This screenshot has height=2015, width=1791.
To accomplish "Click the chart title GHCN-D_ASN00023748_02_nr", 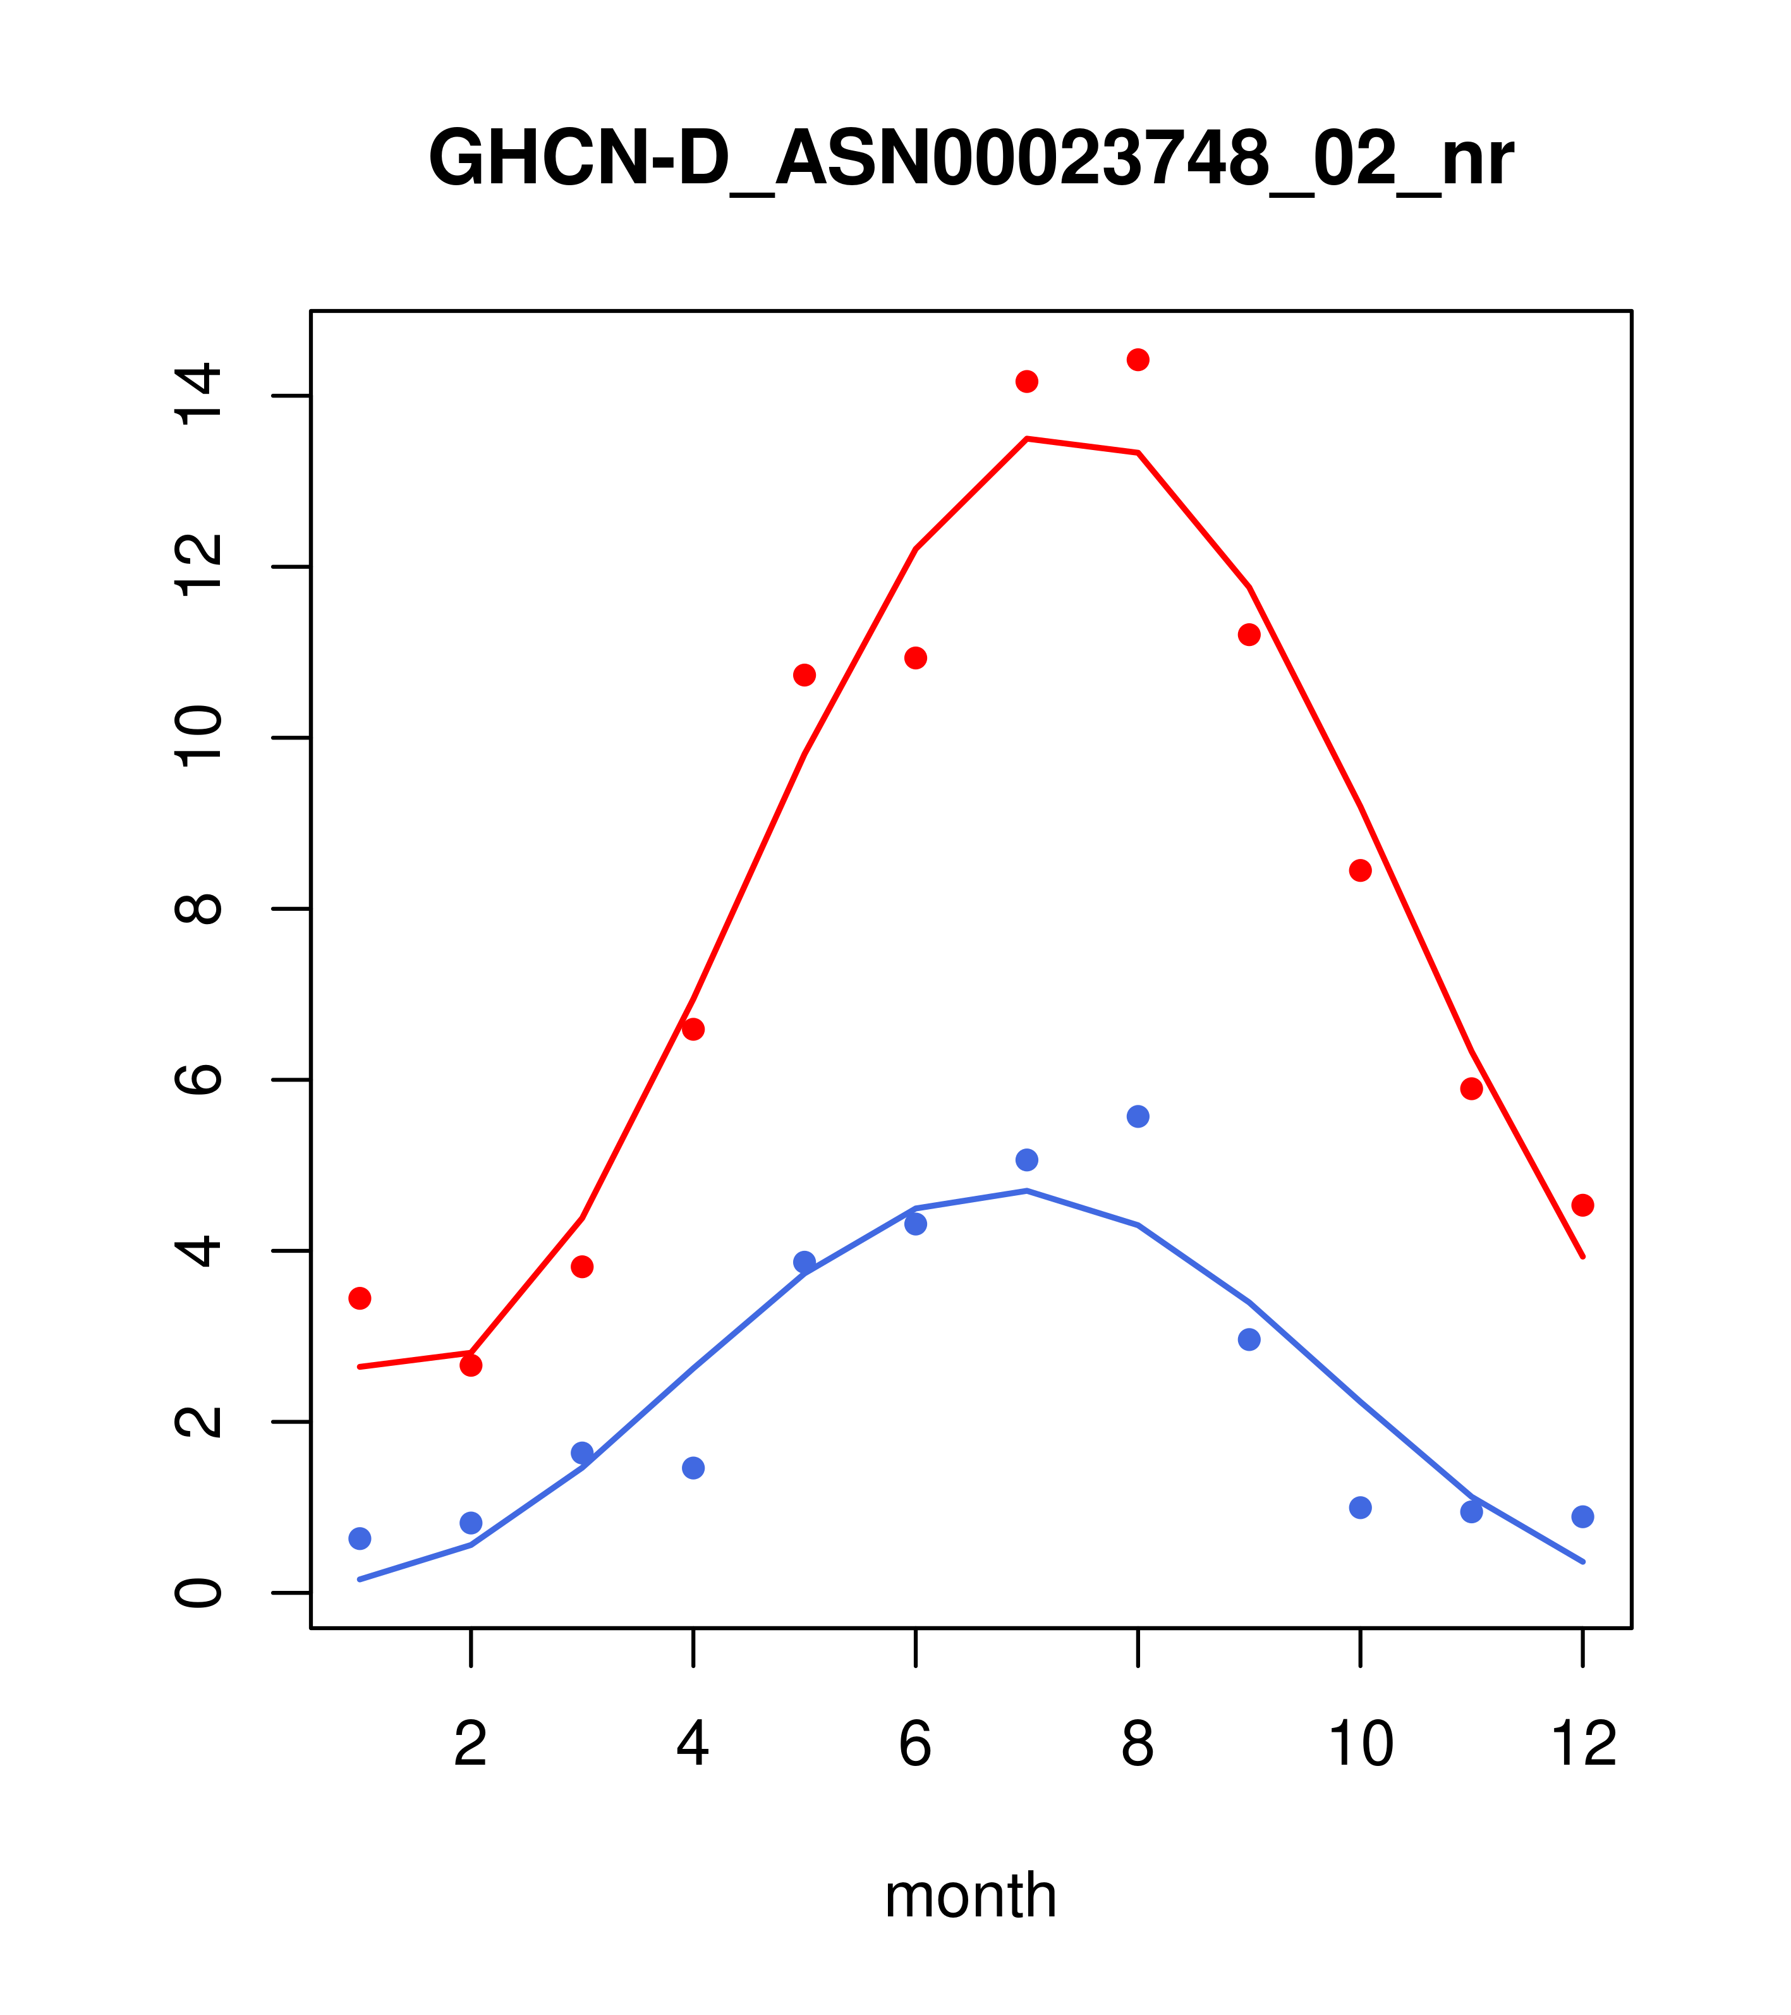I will [970, 160].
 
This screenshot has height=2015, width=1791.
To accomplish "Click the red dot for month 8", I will [1138, 360].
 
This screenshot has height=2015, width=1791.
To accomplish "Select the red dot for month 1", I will [360, 1298].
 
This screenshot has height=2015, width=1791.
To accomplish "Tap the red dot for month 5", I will [804, 675].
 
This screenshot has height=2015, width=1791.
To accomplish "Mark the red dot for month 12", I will [1583, 1205].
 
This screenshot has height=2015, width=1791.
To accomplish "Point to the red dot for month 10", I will [1360, 870].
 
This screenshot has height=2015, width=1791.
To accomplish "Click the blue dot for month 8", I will [1138, 1116].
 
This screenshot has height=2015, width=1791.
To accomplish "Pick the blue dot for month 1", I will [360, 1539].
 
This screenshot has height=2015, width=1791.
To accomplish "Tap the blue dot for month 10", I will [1360, 1507].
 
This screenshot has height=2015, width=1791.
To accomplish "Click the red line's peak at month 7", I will [1027, 439].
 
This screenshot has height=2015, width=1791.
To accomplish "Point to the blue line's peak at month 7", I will [1027, 1191].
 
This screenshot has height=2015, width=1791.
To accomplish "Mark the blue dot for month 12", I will [1583, 1516].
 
